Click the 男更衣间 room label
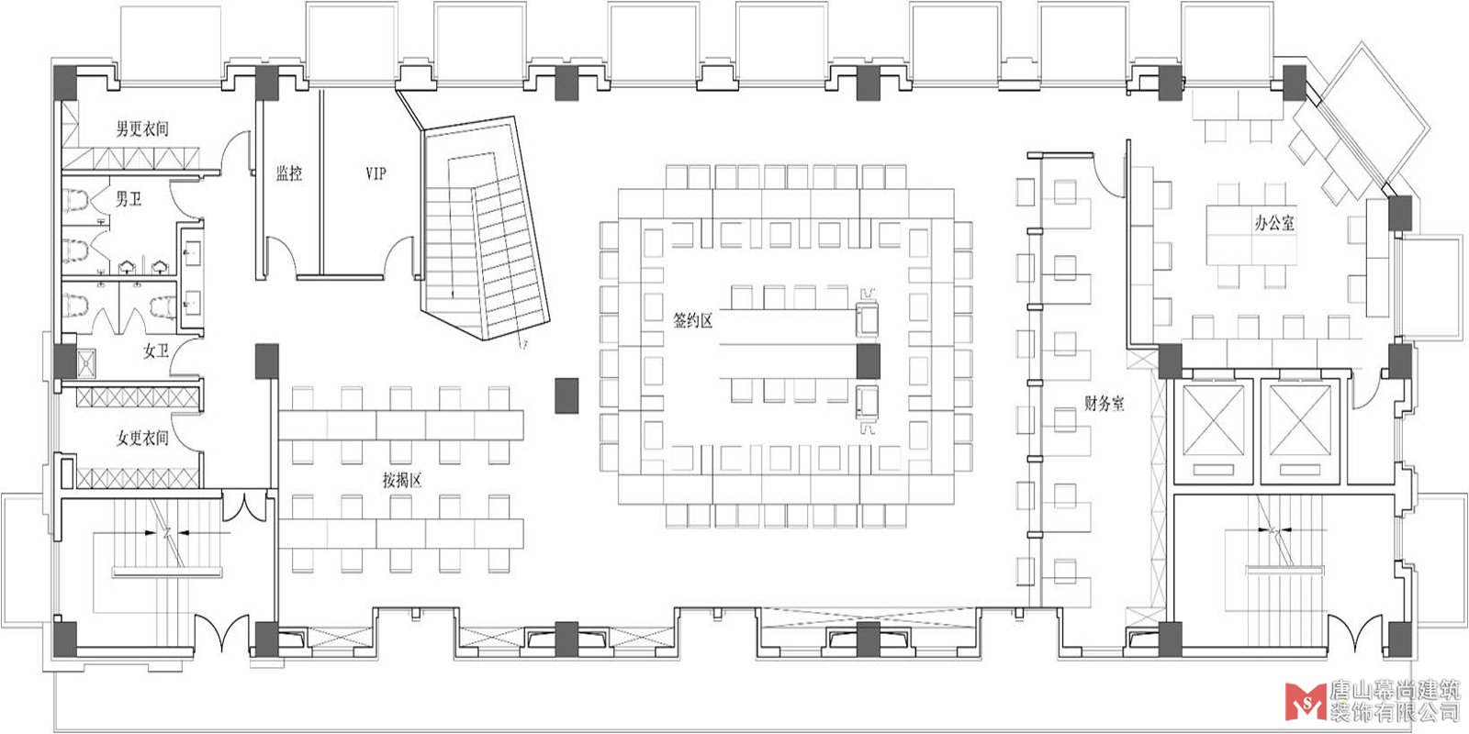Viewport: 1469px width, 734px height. tap(142, 128)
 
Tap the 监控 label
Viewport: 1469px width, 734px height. tap(288, 173)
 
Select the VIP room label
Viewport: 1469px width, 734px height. tap(376, 173)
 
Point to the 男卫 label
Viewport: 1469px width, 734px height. tap(129, 198)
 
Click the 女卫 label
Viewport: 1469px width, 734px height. tap(156, 351)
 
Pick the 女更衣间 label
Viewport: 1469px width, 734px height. tap(142, 437)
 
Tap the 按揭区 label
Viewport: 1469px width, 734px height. tap(402, 481)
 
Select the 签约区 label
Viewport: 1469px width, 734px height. tap(692, 320)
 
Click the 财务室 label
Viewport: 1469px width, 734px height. tap(1105, 403)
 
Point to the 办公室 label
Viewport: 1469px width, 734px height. tap(1275, 223)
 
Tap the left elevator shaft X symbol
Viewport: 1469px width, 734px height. tap(1214, 420)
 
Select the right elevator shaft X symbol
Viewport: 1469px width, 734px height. tap(1300, 420)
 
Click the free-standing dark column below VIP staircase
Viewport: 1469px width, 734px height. tap(566, 395)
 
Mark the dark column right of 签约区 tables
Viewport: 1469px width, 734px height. tap(869, 361)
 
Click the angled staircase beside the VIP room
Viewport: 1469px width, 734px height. tap(486, 228)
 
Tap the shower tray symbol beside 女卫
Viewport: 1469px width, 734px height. tap(86, 363)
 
